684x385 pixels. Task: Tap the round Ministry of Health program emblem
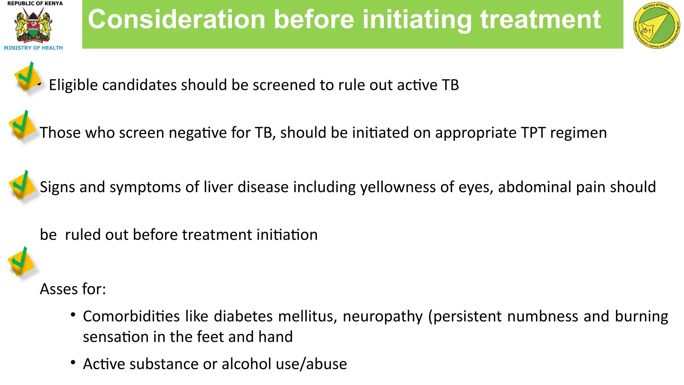pos(656,26)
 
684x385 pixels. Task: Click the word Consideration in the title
pos(177,19)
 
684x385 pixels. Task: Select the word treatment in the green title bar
pos(540,19)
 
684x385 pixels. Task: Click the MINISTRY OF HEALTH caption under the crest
pos(33,48)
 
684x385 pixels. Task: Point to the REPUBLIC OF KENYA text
pos(35,4)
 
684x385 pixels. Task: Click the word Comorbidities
pos(131,316)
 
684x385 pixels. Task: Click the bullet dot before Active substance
pos(73,362)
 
